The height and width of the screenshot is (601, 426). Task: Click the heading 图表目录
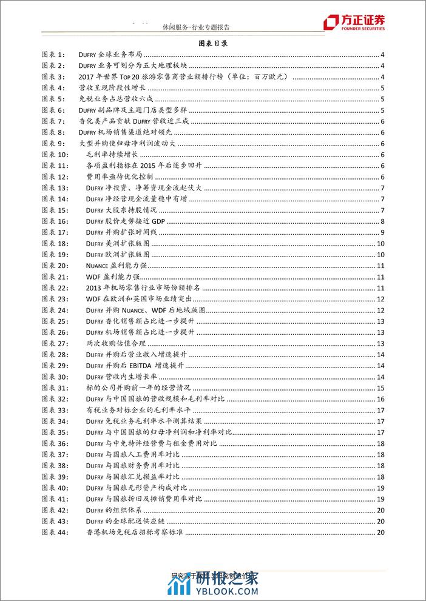coord(212,44)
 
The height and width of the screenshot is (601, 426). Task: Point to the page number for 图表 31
coord(380,388)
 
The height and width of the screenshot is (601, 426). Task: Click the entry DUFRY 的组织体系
coord(114,511)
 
